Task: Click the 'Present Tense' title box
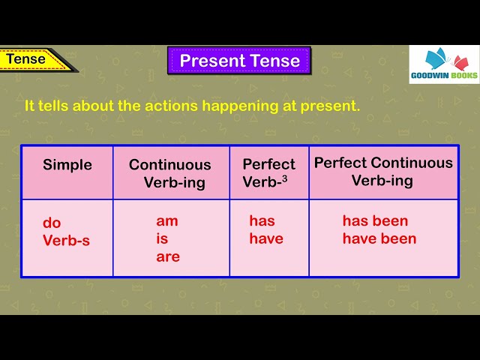[239, 61]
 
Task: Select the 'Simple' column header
[67, 165]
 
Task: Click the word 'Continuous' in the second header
[170, 165]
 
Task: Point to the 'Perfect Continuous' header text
[383, 163]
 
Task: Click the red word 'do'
[52, 223]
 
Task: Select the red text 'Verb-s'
[66, 241]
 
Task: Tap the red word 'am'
[167, 221]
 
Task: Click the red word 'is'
[162, 239]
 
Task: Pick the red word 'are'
[168, 256]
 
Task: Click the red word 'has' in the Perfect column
[262, 221]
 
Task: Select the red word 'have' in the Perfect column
[266, 239]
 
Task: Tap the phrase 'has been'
[375, 221]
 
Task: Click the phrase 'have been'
[379, 239]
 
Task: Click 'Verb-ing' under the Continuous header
[175, 183]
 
